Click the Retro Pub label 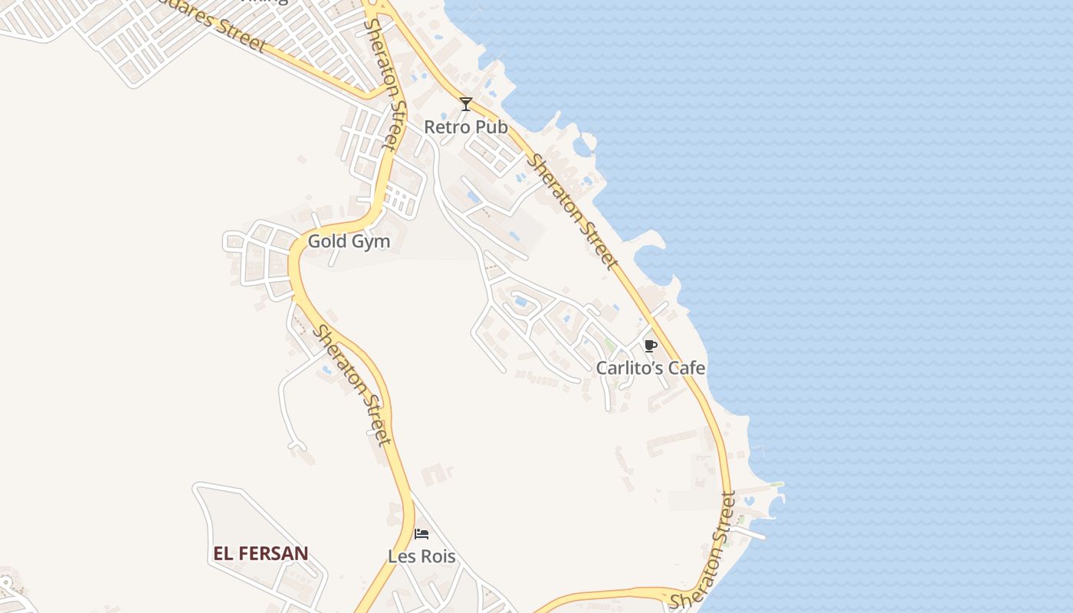465,127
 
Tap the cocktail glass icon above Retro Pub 465,104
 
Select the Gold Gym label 349,241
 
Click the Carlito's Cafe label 651,368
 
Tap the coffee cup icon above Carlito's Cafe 651,346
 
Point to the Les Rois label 422,556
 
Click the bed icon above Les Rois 422,534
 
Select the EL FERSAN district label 261,553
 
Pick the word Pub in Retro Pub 491,127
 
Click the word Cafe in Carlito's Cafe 687,368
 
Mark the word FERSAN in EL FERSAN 272,553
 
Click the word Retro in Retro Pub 448,127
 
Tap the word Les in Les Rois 400,556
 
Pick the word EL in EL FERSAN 222,553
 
